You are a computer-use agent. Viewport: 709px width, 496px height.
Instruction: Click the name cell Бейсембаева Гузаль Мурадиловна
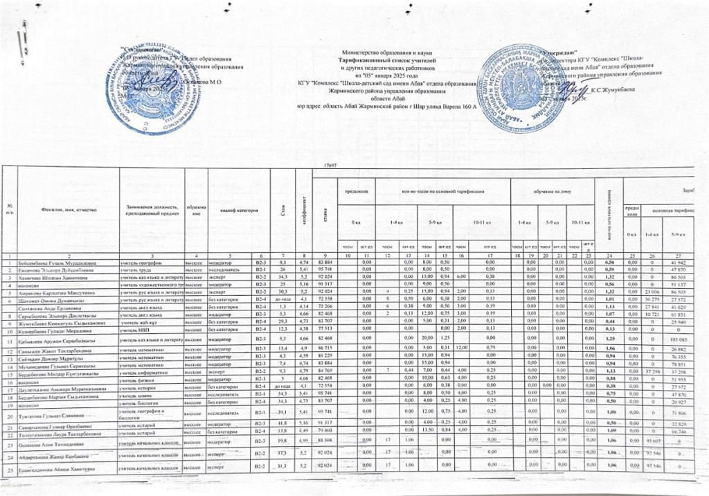click(x=61, y=264)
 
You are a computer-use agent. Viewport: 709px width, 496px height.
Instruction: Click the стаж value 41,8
click(x=283, y=423)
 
